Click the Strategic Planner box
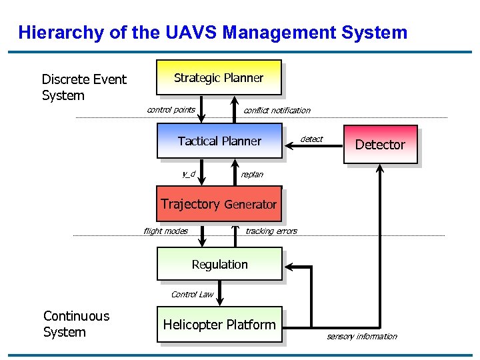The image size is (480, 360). click(219, 77)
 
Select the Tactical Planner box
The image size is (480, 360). click(219, 141)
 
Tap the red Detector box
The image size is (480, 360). click(380, 145)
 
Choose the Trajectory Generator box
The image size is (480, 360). click(219, 204)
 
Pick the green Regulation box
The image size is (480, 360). click(219, 264)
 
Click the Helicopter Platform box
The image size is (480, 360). click(219, 325)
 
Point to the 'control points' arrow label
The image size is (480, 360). click(171, 110)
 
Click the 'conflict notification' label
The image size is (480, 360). click(277, 111)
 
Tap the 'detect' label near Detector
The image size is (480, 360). click(311, 139)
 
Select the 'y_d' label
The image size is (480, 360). click(189, 174)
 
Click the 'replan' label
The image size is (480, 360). click(252, 175)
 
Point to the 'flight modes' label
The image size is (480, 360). click(165, 231)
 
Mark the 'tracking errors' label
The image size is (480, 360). click(271, 231)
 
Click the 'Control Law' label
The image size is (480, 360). click(192, 294)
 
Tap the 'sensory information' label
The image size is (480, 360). click(361, 337)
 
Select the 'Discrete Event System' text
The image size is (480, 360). click(83, 87)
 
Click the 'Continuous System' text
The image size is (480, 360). click(76, 324)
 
